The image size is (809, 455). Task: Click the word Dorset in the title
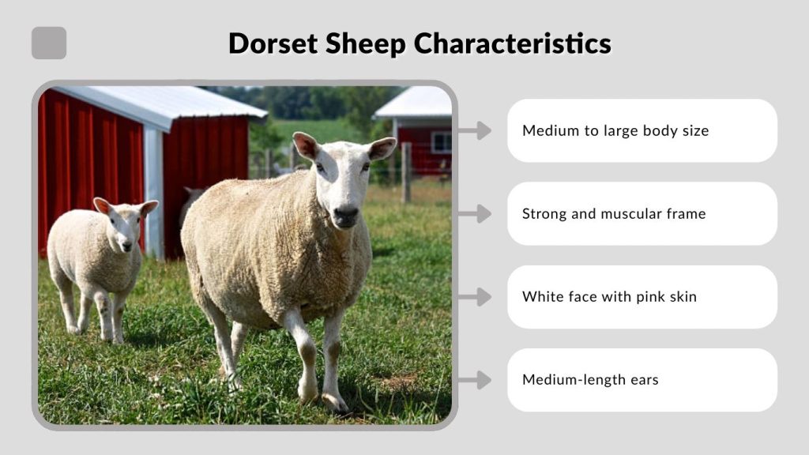[x=267, y=43]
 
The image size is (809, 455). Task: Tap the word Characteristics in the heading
[x=512, y=43]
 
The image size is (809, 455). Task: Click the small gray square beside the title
[x=49, y=43]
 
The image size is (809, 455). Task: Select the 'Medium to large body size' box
[x=642, y=130]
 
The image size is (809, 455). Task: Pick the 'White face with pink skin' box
[x=642, y=297]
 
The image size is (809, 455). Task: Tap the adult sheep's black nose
[x=345, y=214]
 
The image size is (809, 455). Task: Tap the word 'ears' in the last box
[x=643, y=380]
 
